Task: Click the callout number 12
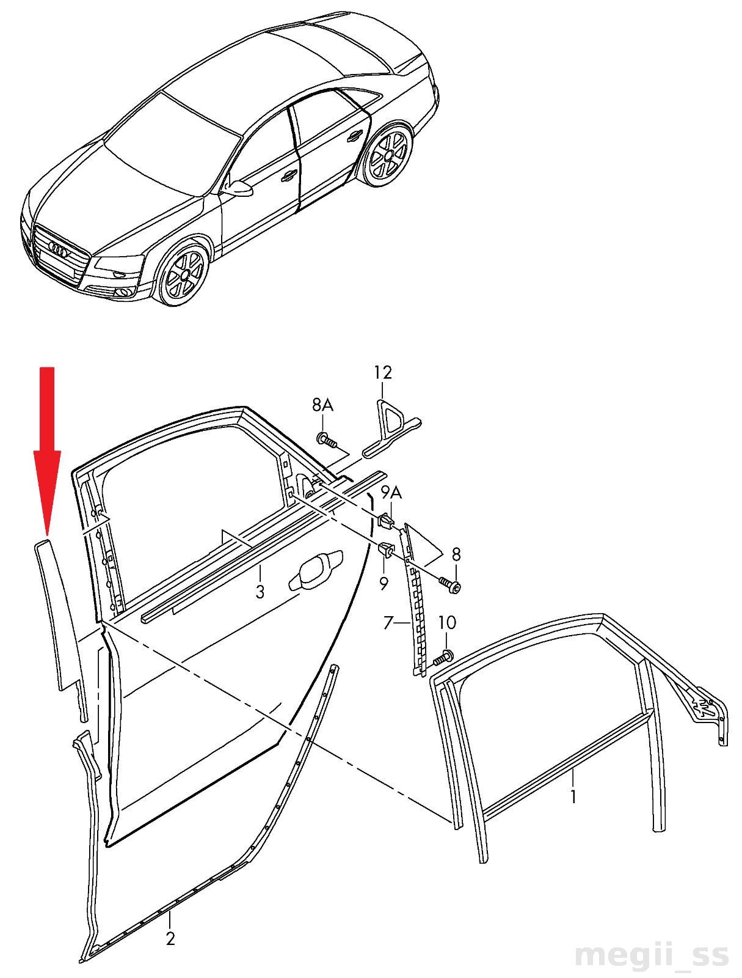pos(383,372)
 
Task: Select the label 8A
pos(322,405)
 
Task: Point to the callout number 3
pos(260,592)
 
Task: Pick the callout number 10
pos(447,623)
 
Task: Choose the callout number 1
pos(573,796)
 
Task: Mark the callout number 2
pos(170,938)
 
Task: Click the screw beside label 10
pos(443,659)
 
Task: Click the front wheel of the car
pos(181,273)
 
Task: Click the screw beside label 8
pos(449,585)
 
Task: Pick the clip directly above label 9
pos(386,550)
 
